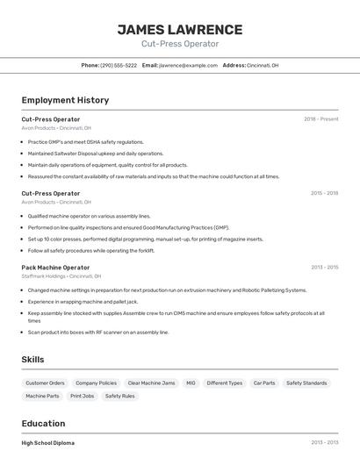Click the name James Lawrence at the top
point(180,30)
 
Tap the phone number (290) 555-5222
point(119,65)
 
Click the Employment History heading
point(65,100)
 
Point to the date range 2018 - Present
point(320,118)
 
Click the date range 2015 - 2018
point(323,193)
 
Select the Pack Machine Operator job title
point(55,267)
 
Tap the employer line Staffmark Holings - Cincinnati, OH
point(56,276)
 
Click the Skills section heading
point(32,359)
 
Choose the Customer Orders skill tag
point(45,383)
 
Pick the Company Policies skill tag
point(96,383)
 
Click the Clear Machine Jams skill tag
point(151,383)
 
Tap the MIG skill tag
point(191,383)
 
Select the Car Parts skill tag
point(263,383)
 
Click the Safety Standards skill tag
point(306,383)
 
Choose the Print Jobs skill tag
point(82,397)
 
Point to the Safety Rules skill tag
point(119,397)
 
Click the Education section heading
point(43,423)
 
